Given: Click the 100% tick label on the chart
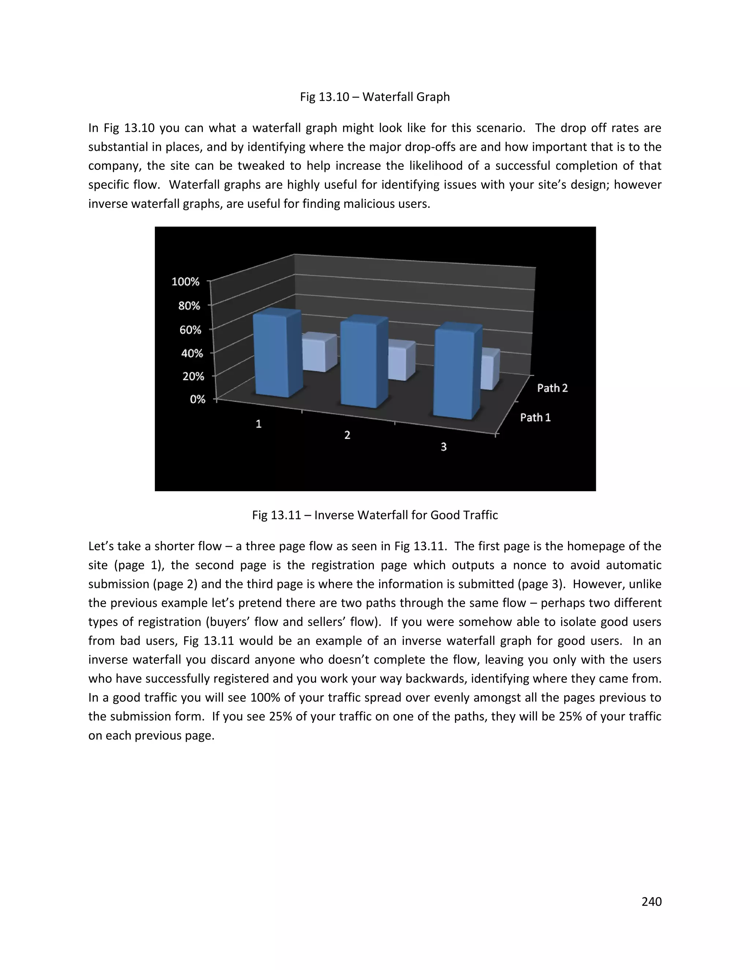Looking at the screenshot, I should pos(185,281).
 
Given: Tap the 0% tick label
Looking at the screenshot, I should pos(197,399).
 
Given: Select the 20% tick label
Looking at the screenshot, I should pos(193,376).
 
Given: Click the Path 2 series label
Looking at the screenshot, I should pos(552,388).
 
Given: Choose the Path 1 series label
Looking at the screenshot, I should pos(535,418).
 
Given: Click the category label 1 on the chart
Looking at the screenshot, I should pos(259,424).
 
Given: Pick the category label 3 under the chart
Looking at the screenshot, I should pos(443,447).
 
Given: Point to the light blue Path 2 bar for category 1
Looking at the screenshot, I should pos(318,353).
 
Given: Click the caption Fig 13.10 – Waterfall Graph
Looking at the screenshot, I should pos(375,97).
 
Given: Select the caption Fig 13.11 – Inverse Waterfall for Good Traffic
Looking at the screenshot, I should pos(375,515).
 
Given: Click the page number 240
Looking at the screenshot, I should pos(651,902).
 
